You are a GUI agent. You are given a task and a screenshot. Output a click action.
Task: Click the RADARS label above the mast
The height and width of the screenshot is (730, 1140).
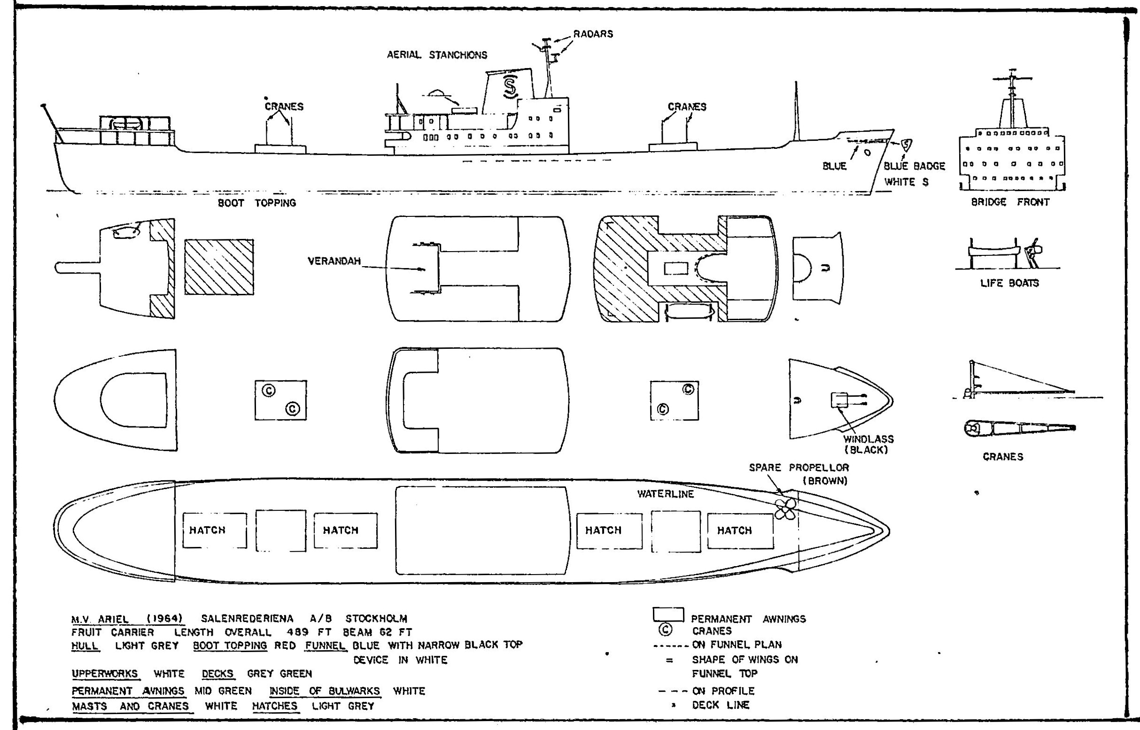pos(593,34)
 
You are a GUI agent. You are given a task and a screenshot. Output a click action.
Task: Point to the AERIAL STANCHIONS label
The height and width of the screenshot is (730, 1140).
pos(437,55)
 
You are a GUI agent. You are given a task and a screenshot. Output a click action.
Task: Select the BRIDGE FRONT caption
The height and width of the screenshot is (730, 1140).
pos(1010,202)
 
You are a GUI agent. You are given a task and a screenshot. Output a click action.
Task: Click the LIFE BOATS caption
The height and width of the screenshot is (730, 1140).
pos(1009,283)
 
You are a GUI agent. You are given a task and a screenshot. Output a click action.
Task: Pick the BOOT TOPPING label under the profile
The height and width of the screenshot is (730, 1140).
pos(256,203)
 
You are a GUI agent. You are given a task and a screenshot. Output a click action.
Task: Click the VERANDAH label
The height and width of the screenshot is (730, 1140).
pos(334,261)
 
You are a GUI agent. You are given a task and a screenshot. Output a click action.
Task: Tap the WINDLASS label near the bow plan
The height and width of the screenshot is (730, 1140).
pos(869,439)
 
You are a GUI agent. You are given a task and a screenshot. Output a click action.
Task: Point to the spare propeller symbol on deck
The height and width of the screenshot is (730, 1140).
pos(785,509)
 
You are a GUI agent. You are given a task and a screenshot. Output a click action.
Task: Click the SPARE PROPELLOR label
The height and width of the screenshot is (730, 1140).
pos(799,468)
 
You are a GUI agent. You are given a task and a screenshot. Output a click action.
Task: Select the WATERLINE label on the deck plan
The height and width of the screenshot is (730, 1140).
pos(665,494)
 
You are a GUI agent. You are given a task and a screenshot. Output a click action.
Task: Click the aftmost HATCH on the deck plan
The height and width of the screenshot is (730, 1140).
pos(207,530)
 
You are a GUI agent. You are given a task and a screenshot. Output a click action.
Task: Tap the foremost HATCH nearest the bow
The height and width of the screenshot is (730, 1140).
pos(734,530)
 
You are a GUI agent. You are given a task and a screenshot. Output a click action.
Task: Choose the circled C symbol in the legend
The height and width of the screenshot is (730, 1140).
pos(666,630)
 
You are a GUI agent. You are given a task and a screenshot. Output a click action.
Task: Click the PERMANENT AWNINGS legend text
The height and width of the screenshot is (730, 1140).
pos(748,619)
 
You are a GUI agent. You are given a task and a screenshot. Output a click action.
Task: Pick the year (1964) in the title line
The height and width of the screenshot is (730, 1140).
pos(164,619)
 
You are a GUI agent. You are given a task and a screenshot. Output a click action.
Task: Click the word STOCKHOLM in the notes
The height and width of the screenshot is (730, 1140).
pos(376,619)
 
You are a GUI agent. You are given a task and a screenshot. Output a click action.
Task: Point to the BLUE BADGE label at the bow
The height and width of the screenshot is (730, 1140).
pos(914,166)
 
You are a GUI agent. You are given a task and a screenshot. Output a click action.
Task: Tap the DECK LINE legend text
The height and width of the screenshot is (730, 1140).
pos(721,705)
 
